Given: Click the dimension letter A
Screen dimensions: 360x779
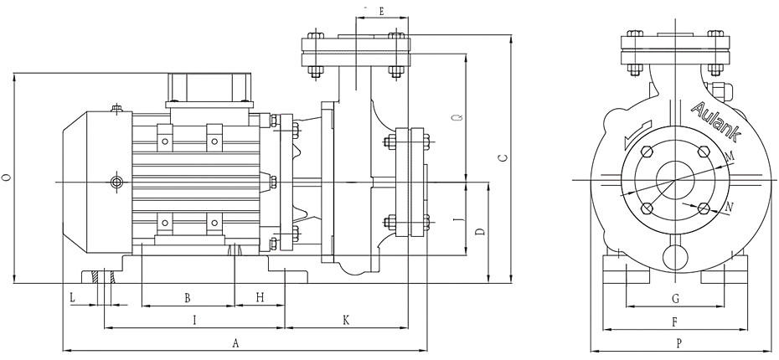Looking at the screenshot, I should pos(236,343).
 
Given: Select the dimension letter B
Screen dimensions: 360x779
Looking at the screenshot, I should pos(188,298).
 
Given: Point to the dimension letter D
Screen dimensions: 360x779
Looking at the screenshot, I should pos(479,231).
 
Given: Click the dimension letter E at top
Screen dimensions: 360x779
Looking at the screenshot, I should pos(381,11).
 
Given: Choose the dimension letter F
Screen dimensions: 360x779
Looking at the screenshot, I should pos(674,321).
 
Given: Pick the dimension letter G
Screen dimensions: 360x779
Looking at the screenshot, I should pos(675,298).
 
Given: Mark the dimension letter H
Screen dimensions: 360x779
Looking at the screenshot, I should pos(260,298).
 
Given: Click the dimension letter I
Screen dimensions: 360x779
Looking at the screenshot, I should pos(194,319).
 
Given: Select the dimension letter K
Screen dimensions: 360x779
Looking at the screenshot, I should pos(346,320).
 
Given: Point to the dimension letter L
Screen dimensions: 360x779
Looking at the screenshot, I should pos(72,297).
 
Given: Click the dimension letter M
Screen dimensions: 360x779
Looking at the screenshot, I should pos(730,157).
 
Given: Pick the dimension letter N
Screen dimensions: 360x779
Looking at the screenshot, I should pos(730,206).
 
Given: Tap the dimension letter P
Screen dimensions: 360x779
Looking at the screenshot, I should pos(678,343).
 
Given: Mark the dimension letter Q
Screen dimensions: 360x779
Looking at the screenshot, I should pos(455,118).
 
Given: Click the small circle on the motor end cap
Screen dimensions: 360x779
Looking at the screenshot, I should pos(116,182).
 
